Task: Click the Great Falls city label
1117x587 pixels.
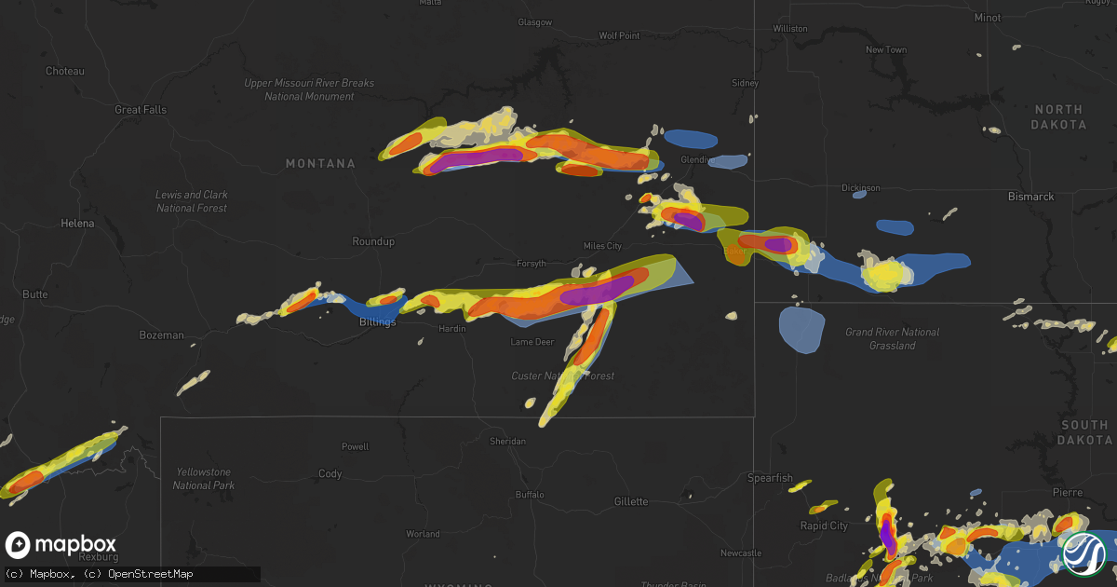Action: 141,109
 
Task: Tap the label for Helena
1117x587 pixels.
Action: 77,224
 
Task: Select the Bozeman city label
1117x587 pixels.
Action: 162,334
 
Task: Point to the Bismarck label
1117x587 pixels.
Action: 1030,197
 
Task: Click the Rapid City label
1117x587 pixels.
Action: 825,526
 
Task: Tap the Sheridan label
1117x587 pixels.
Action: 506,441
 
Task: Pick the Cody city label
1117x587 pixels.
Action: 330,474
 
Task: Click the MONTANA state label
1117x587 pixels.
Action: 320,164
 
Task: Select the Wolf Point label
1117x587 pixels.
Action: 619,35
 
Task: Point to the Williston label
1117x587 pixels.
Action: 790,29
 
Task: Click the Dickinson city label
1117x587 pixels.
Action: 860,187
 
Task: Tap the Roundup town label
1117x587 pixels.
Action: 373,241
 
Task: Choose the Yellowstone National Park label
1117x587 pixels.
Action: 203,479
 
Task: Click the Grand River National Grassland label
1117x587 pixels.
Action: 892,338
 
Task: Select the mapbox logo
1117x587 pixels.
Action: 61,545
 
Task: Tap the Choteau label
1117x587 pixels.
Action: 65,71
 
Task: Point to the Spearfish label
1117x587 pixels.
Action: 770,478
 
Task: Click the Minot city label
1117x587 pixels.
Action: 987,18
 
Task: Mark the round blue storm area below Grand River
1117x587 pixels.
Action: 801,329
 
